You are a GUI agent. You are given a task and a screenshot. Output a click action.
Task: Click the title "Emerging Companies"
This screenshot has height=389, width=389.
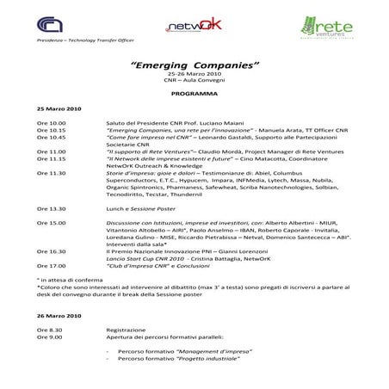click(x=194, y=65)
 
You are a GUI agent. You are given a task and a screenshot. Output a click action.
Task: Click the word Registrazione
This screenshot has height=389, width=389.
click(x=126, y=330)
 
